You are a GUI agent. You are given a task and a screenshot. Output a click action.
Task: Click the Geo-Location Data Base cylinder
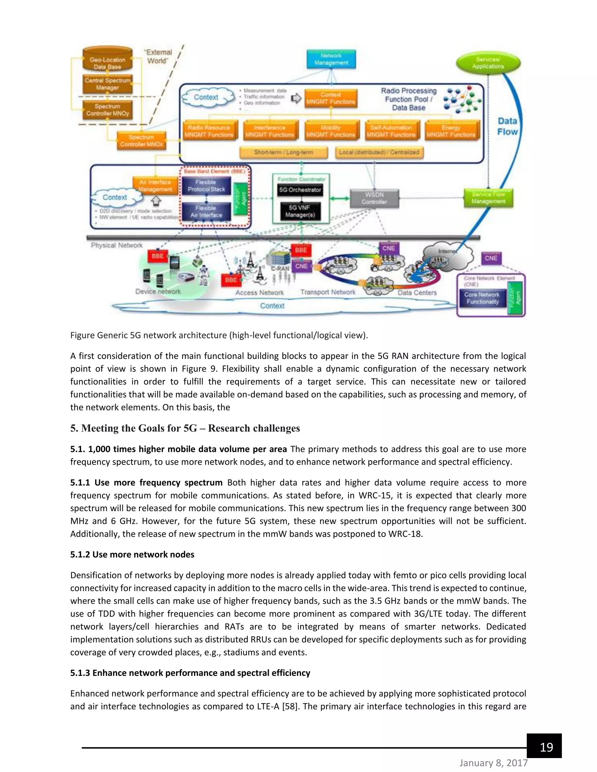(x=107, y=60)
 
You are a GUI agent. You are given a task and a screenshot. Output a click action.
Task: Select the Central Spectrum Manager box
(x=107, y=84)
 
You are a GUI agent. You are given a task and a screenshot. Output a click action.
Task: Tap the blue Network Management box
(x=331, y=59)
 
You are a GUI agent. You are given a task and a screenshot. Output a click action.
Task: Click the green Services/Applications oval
(x=488, y=63)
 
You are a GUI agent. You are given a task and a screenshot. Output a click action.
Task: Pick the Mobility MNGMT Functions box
(x=330, y=131)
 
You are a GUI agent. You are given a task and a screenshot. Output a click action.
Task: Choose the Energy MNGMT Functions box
(x=451, y=131)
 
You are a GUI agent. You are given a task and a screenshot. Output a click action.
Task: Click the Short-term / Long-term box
(x=283, y=152)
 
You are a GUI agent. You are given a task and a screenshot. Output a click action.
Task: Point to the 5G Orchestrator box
(x=300, y=190)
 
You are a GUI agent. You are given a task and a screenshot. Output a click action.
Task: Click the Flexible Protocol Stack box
(x=206, y=186)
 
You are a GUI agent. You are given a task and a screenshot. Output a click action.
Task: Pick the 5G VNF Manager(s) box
(x=300, y=211)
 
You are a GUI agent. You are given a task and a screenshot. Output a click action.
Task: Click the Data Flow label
(x=507, y=126)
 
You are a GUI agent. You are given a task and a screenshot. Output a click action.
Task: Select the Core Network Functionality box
(x=482, y=298)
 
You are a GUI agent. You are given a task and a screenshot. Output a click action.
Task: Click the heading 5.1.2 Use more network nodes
(x=132, y=554)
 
